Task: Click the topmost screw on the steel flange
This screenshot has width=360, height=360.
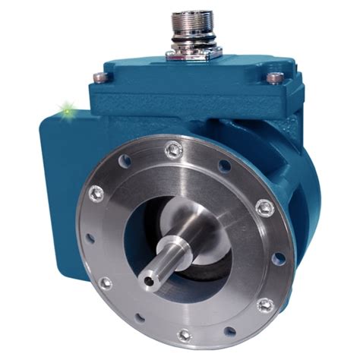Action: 173,150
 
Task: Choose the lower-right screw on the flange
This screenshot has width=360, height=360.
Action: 265,305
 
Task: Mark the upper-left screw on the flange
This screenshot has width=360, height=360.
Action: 96,193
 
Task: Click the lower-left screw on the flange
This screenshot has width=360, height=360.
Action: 106,283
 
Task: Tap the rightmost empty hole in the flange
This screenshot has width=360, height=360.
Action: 279,258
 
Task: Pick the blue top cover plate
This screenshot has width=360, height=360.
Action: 190,76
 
